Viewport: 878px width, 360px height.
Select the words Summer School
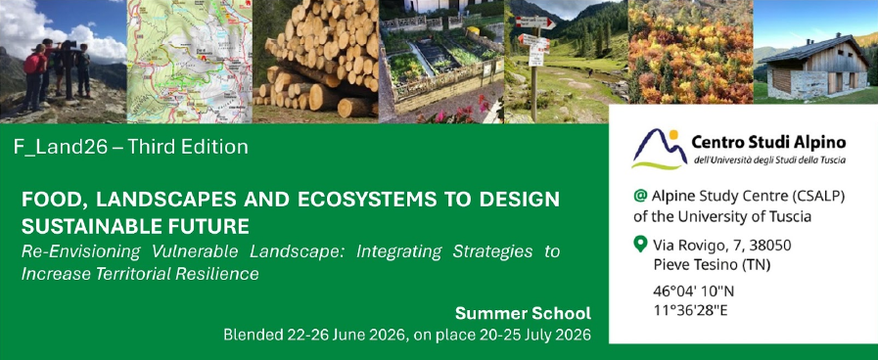[x=523, y=313]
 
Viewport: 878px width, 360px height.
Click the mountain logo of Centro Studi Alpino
[x=659, y=148]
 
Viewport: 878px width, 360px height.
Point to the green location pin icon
[x=640, y=245]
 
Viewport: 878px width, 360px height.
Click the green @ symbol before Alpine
[x=640, y=196]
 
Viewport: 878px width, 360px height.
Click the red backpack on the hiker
[x=32, y=64]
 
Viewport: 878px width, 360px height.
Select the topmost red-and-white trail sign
[x=535, y=22]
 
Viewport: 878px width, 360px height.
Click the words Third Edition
[x=188, y=148]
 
